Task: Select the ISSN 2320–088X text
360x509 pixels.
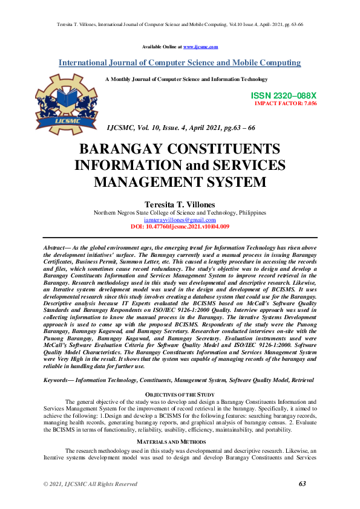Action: [x=283, y=96]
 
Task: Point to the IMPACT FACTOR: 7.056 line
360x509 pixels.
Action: [x=286, y=103]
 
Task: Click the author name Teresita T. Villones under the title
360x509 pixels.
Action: [x=180, y=205]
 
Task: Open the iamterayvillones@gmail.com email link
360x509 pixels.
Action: [x=180, y=220]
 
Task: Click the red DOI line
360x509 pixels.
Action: [x=180, y=226]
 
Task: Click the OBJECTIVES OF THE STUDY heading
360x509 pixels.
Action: [x=180, y=395]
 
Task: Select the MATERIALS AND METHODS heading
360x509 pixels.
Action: [x=180, y=442]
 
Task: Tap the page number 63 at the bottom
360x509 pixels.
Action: [x=303, y=484]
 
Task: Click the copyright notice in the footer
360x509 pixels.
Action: [x=90, y=484]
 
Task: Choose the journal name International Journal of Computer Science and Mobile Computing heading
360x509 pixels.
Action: [x=180, y=63]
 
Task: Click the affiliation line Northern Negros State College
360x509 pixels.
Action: [x=180, y=213]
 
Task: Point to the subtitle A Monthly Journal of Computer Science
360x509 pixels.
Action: [x=186, y=79]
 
